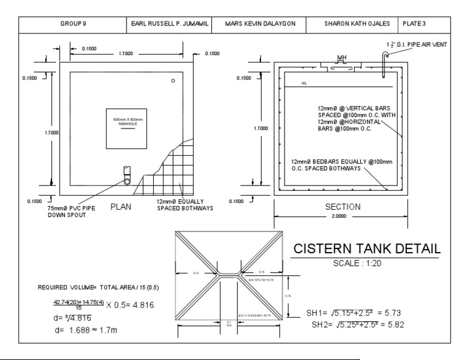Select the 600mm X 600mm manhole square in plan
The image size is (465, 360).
tap(127, 128)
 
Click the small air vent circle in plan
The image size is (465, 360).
tap(173, 81)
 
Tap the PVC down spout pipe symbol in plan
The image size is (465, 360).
tap(127, 176)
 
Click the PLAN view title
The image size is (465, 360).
tap(125, 206)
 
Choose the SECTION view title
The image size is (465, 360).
tap(343, 207)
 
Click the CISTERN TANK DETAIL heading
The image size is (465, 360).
tap(366, 249)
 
